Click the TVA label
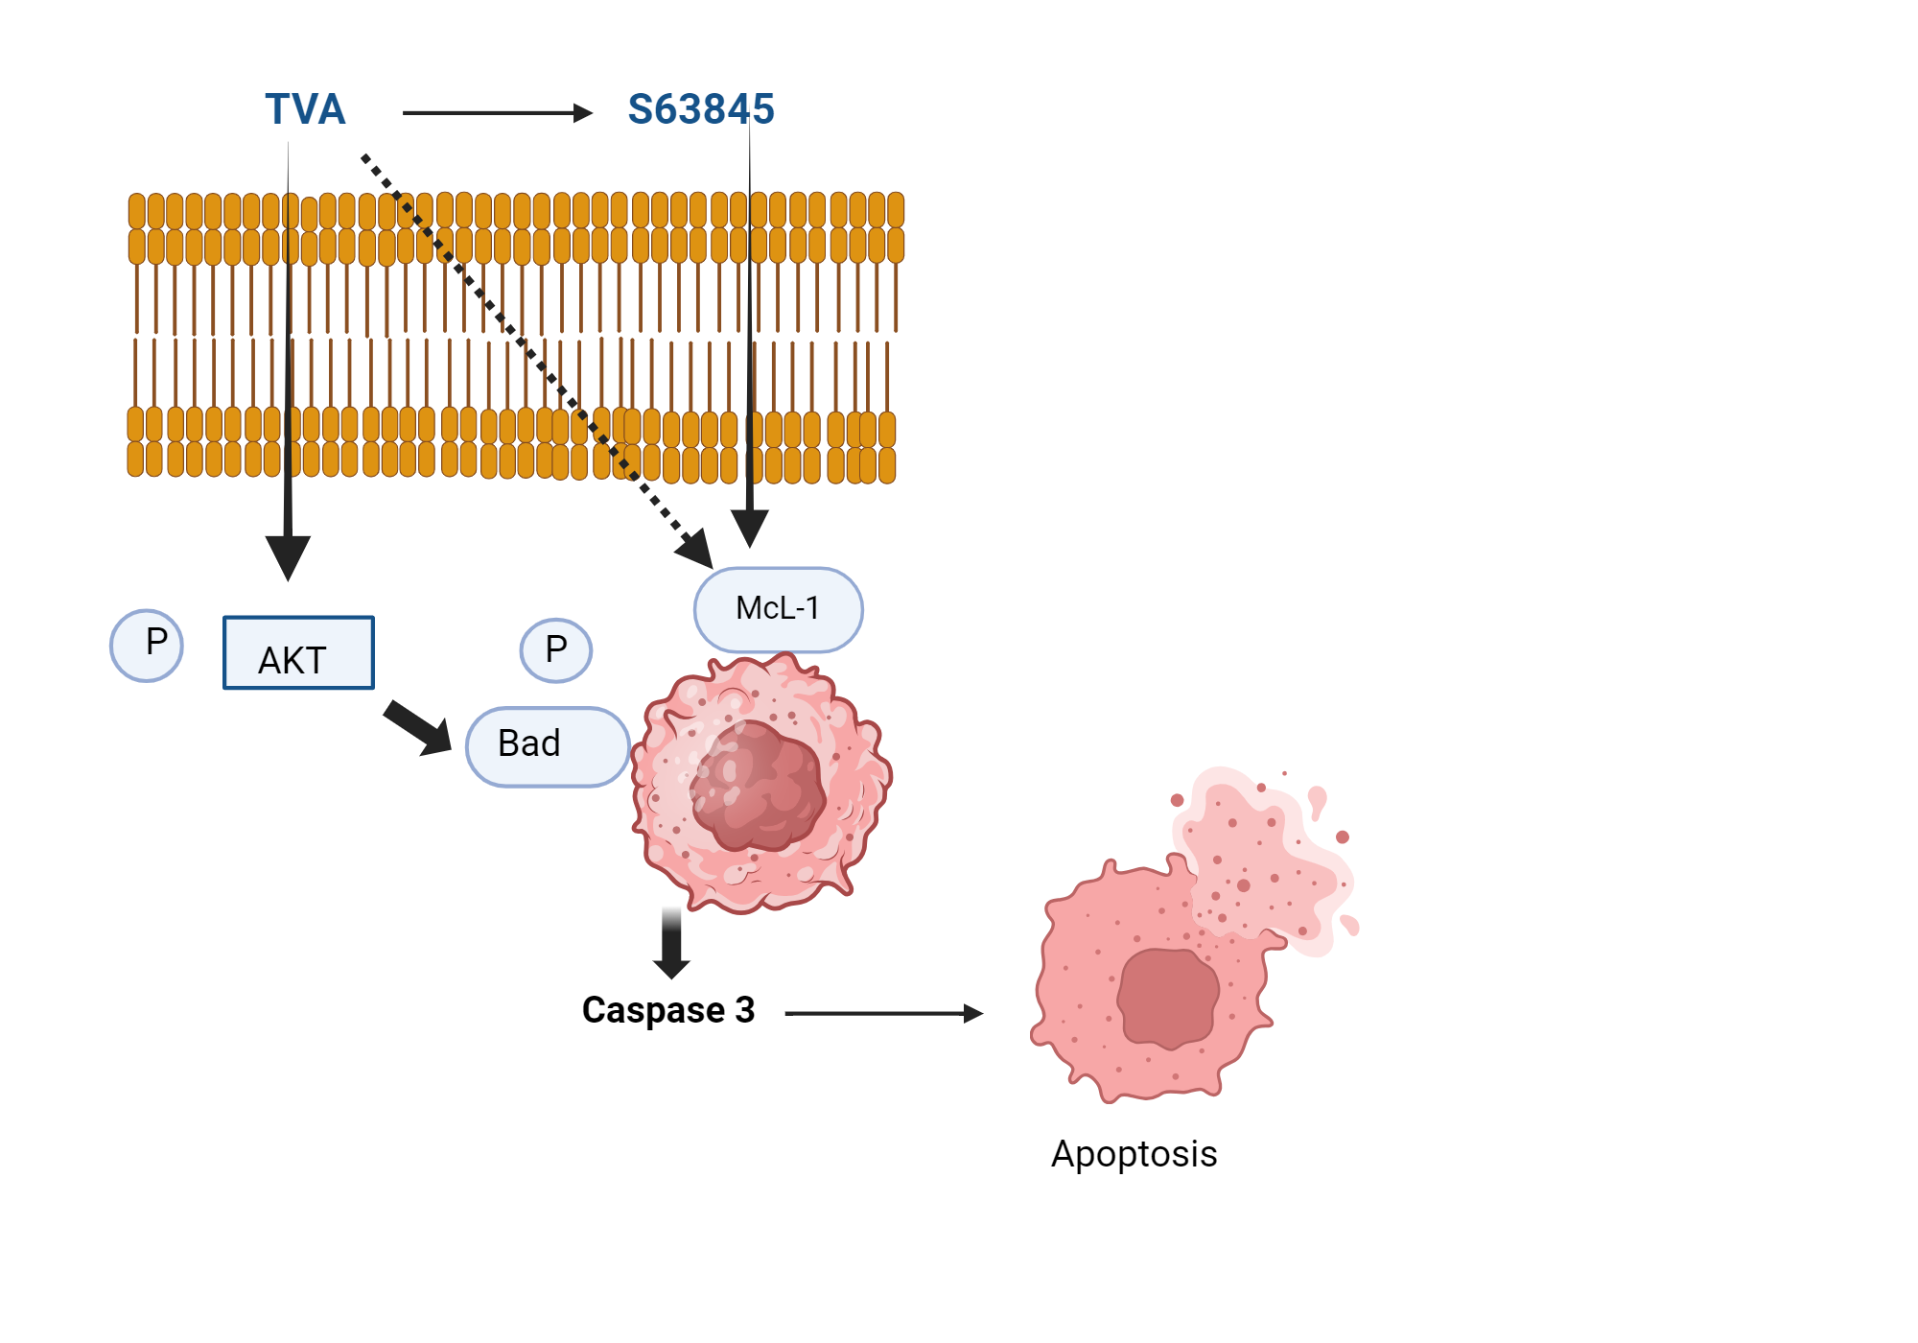pyautogui.click(x=305, y=109)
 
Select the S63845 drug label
pyautogui.click(x=701, y=109)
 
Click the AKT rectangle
pyautogui.click(x=298, y=653)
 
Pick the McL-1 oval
pyautogui.click(x=778, y=609)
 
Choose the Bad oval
pyautogui.click(x=547, y=746)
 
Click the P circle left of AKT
pyautogui.click(x=147, y=645)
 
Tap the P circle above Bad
pyautogui.click(x=556, y=650)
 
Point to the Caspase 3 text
pyautogui.click(x=668, y=1010)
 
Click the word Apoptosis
pyautogui.click(x=1134, y=1154)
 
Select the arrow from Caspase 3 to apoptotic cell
pyautogui.click(x=883, y=1013)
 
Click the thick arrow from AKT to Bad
pyautogui.click(x=418, y=728)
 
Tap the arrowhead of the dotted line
pyautogui.click(x=696, y=550)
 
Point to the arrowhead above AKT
pyautogui.click(x=288, y=557)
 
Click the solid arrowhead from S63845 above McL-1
pyautogui.click(x=750, y=527)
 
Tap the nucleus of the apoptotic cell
pyautogui.click(x=1168, y=998)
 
